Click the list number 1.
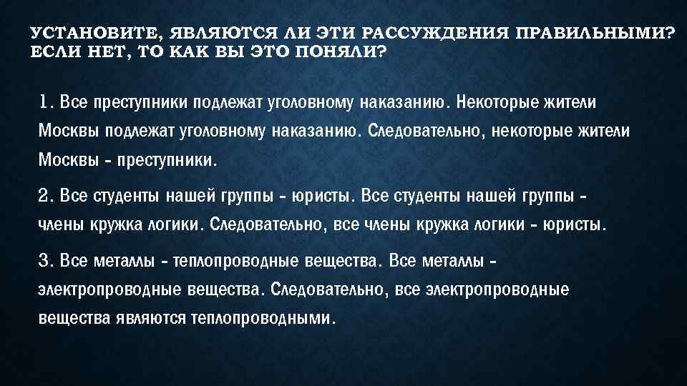[x=45, y=102]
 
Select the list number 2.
[x=45, y=195]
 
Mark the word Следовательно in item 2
[x=270, y=226]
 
